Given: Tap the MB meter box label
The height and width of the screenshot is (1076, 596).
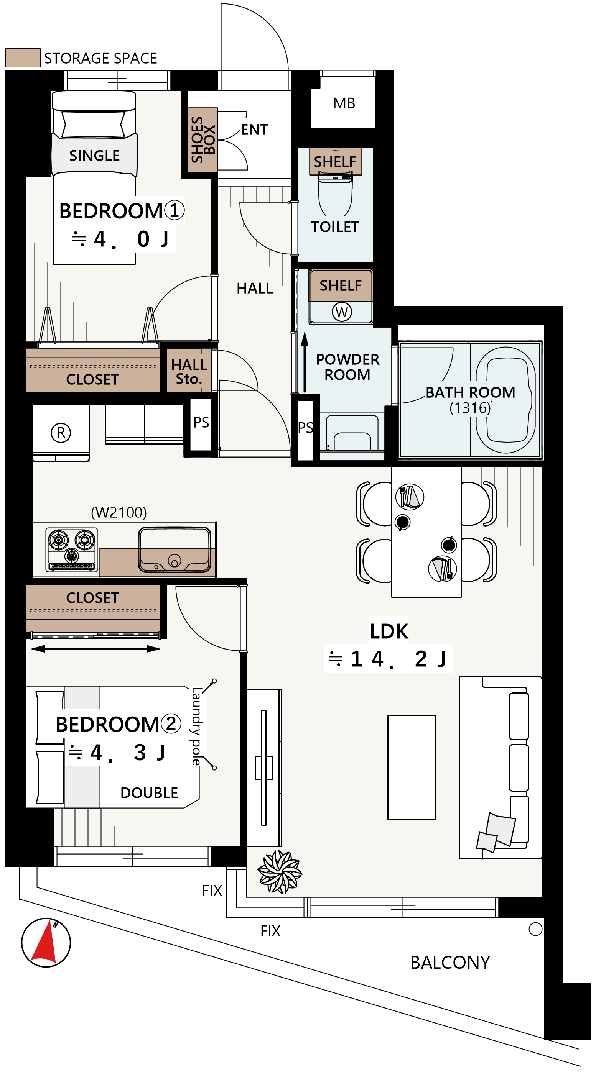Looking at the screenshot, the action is coord(344,103).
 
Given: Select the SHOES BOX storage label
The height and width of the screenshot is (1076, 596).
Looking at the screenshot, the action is coord(203,140).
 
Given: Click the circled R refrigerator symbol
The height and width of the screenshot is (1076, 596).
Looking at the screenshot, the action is coord(61,433).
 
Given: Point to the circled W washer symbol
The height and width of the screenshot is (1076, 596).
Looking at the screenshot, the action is coord(342,312).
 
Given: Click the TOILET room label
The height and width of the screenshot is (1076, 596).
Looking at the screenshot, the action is coord(335,227).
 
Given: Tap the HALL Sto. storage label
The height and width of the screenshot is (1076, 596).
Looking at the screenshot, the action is coord(189,372).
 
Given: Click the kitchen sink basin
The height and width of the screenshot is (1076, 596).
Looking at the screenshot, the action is coord(175,550).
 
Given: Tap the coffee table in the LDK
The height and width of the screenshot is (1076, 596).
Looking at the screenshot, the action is coord(412,768).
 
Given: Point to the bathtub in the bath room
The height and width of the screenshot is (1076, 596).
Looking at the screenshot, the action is coord(506,400).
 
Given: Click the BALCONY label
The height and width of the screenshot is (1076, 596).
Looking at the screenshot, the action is coord(451,963).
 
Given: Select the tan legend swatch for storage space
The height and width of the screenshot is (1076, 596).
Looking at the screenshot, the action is coord(23,57).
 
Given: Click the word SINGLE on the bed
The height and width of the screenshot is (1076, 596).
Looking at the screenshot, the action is coord(94,156).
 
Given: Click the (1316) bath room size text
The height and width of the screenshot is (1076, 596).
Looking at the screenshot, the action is coord(470,408).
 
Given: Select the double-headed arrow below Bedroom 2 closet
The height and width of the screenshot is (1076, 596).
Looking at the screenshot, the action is coord(96,649).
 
